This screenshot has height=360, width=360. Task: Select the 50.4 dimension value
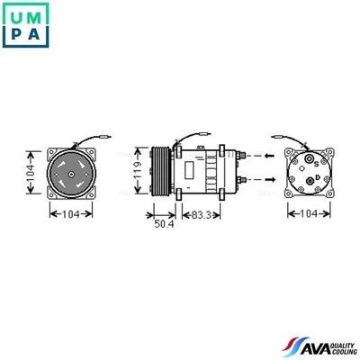164,223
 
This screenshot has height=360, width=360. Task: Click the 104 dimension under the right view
309,215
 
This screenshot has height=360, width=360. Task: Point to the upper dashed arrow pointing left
258,155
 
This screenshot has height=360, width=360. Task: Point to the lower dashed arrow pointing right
258,179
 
